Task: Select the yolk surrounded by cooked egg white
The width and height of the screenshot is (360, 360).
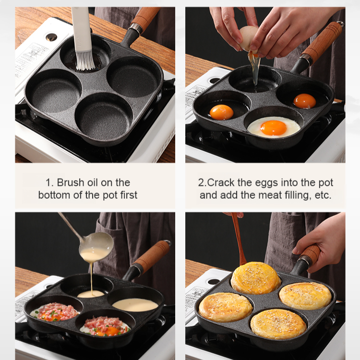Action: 274,127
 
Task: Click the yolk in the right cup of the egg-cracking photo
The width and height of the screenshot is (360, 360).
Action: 305,101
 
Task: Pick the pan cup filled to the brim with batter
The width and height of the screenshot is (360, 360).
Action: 135,304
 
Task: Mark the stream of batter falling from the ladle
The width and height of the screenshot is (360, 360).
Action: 90,276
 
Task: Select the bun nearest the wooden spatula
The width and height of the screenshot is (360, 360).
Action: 256,277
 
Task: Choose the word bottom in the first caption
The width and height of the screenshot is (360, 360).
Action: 54,195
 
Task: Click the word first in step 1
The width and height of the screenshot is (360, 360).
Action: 126,195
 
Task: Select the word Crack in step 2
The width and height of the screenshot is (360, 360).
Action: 219,182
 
